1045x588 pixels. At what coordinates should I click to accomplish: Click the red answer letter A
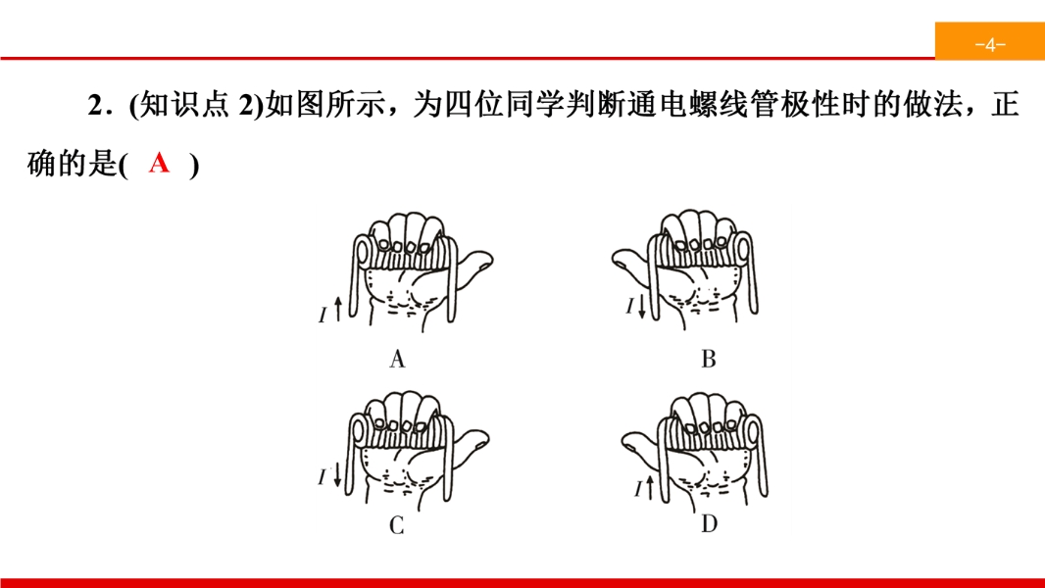(159, 163)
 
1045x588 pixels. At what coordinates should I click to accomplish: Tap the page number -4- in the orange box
(990, 45)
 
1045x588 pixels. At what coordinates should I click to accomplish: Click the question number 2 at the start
(95, 105)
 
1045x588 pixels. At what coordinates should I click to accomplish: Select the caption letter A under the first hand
(397, 359)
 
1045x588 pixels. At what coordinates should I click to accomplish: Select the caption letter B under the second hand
(709, 359)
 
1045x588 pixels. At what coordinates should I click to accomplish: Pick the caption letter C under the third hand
(397, 525)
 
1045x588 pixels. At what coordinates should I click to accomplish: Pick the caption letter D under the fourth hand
(709, 524)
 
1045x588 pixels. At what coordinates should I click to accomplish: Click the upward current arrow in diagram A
(338, 309)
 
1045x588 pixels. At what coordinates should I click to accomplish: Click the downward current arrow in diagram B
(642, 306)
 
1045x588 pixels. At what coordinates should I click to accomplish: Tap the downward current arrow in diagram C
(337, 474)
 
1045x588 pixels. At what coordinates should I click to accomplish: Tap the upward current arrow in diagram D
(650, 487)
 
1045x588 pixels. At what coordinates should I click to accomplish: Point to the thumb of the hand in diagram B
(630, 262)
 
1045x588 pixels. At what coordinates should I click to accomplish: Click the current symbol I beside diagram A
(323, 315)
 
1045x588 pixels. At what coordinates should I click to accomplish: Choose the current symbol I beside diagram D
(638, 489)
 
